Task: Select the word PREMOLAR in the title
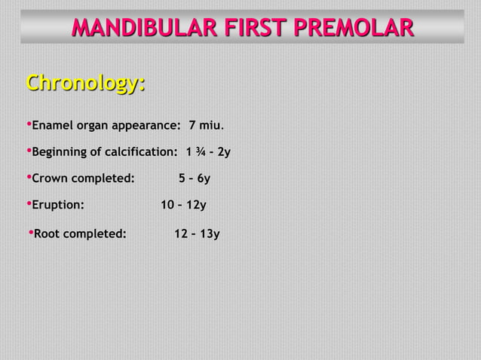pos(356,28)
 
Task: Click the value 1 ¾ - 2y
pos(208,152)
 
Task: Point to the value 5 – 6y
pos(194,178)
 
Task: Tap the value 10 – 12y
pos(184,205)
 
